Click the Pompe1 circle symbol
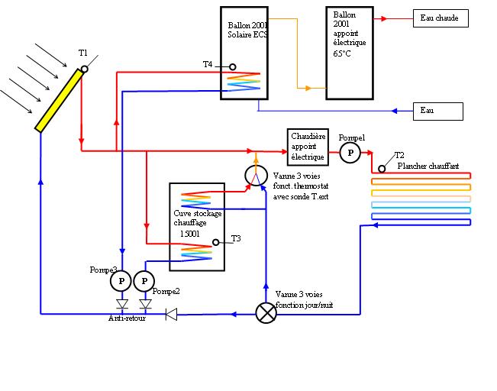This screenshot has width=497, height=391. click(x=350, y=153)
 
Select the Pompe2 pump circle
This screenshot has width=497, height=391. click(x=144, y=282)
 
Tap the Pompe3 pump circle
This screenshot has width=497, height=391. click(x=121, y=282)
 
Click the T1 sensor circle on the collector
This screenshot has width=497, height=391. click(x=85, y=69)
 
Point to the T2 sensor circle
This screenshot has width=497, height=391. click(x=382, y=168)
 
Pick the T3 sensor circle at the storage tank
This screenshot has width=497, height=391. click(x=216, y=242)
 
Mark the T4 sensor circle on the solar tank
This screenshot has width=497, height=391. click(x=233, y=66)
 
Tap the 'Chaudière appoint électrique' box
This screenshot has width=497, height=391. click(x=308, y=147)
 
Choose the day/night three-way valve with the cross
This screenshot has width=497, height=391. click(x=266, y=313)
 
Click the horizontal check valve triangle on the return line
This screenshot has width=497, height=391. click(x=172, y=313)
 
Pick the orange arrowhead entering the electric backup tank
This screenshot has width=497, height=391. click(x=308, y=89)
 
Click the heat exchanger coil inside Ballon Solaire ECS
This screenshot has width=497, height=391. click(x=244, y=81)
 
